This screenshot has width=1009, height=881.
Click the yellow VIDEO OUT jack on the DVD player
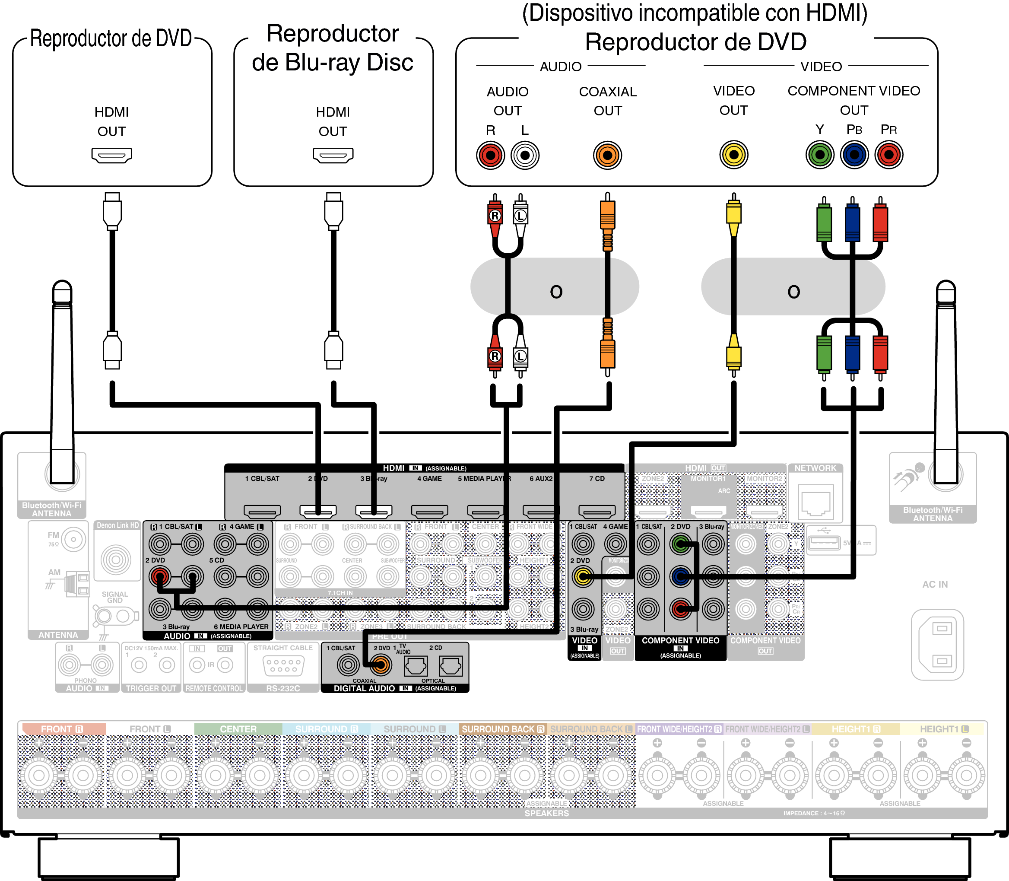(x=733, y=155)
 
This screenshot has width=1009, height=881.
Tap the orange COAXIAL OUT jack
(x=607, y=156)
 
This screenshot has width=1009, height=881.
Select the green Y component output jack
(x=820, y=155)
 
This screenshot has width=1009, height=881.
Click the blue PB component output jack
(x=854, y=155)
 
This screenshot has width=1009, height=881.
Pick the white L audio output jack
(x=525, y=156)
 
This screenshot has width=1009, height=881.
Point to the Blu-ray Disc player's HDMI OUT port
(x=333, y=155)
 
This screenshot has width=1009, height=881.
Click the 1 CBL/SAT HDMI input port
(x=262, y=512)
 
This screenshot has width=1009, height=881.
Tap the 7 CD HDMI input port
(x=597, y=512)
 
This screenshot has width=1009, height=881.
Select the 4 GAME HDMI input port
(x=429, y=512)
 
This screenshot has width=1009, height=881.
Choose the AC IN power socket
(x=937, y=644)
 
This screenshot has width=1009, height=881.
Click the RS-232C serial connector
(x=283, y=666)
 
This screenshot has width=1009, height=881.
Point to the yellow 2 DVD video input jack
(x=583, y=577)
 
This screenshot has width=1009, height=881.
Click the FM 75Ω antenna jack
(x=73, y=539)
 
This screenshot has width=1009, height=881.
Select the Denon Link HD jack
(x=116, y=560)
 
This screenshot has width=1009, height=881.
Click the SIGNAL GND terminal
(x=103, y=616)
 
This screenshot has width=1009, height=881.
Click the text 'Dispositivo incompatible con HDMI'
(x=695, y=13)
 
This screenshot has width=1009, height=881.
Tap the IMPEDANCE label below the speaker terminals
(x=814, y=813)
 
